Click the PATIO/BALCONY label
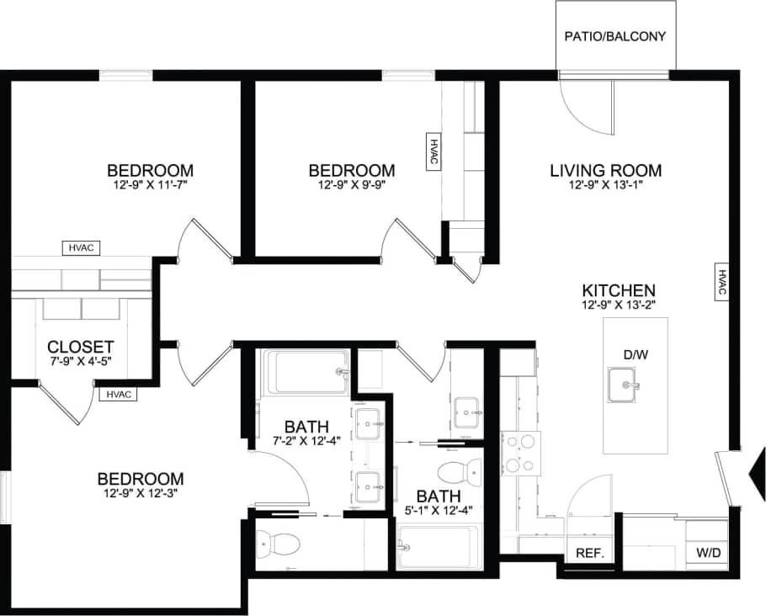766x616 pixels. coord(614,36)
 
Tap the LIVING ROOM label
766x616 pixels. coord(605,171)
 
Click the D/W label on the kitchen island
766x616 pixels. coord(636,355)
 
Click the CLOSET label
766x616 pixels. coord(81,347)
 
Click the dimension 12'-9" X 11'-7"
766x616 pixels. coord(151,185)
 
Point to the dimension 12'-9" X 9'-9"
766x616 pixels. coord(352,185)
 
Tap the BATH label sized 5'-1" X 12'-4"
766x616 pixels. coord(439,497)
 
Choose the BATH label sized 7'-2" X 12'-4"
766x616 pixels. coord(306,426)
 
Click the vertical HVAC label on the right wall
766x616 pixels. coord(722,282)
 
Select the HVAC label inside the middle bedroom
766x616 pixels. coord(434,153)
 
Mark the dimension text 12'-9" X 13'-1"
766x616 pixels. coord(605,185)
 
